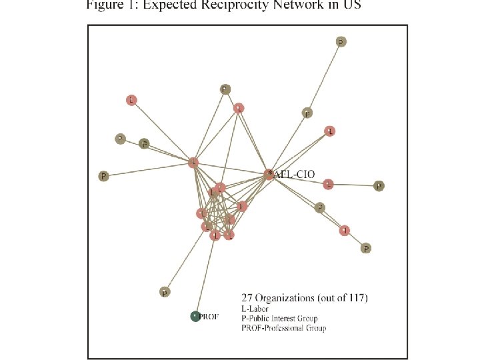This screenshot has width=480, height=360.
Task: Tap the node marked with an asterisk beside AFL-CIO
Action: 269,174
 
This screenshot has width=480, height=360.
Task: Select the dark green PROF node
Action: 195,317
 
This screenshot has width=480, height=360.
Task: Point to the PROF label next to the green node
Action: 209,317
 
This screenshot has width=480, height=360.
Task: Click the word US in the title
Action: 351,6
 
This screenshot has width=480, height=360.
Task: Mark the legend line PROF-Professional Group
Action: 283,328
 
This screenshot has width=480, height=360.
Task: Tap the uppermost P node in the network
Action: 341,41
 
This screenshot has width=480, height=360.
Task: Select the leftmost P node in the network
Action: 103,177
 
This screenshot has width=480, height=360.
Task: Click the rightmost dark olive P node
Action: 379,186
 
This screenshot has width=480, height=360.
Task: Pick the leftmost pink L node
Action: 131,100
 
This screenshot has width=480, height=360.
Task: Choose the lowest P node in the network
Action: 165,292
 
